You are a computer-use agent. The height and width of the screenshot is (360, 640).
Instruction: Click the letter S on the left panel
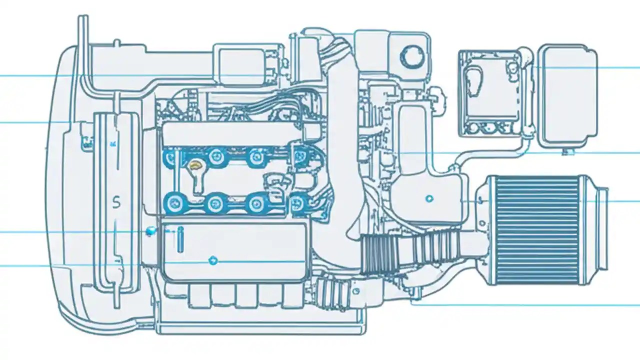(x=116, y=202)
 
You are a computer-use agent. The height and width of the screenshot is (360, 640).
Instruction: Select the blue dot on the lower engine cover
(x=213, y=260)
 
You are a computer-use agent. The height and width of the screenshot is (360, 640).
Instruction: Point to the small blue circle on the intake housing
(x=428, y=198)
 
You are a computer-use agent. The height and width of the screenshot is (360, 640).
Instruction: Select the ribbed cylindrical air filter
(x=535, y=230)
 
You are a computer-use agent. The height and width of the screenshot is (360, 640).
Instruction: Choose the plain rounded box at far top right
(x=568, y=95)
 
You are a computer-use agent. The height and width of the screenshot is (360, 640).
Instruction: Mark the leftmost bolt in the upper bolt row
(x=171, y=158)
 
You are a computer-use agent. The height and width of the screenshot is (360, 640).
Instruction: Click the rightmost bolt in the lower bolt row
(x=298, y=202)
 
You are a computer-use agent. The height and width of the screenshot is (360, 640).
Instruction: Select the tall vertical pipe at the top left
(x=83, y=50)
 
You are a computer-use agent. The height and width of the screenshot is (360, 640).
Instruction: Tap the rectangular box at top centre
(x=238, y=64)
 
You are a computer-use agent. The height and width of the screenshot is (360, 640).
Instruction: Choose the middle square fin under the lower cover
(x=246, y=295)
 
